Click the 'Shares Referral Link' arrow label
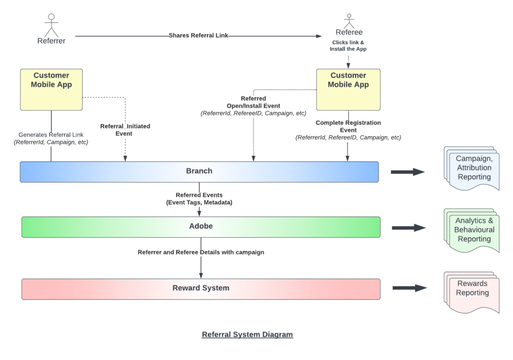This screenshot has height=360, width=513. (198, 36)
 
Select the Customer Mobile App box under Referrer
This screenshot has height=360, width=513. (51, 90)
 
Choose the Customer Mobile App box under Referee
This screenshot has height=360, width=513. (348, 90)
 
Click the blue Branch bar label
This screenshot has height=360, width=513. (199, 171)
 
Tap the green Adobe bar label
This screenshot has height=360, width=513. (200, 227)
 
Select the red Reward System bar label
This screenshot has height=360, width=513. (200, 288)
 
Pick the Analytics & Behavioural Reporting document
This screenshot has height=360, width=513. (472, 230)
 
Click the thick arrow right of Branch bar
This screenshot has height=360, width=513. (407, 172)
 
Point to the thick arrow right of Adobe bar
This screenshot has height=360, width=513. (408, 228)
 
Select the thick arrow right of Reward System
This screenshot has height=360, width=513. (409, 288)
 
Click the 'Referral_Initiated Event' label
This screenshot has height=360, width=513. (125, 130)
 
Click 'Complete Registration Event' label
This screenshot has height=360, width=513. (348, 126)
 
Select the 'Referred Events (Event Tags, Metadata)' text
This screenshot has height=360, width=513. (199, 199)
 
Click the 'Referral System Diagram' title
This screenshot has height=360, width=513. (247, 334)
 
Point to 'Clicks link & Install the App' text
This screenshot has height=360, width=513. (348, 46)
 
